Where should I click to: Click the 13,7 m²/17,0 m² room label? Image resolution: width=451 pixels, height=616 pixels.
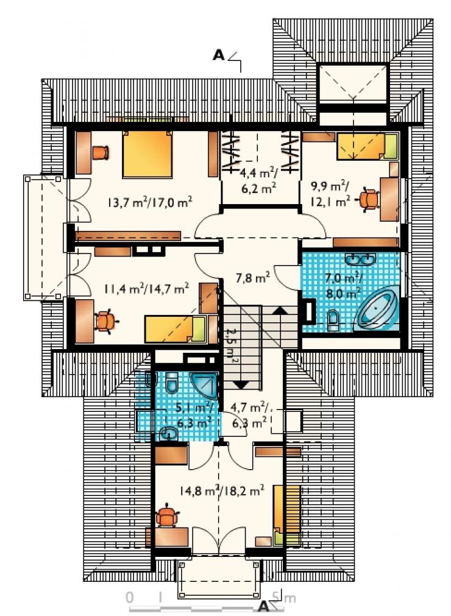point(150,202)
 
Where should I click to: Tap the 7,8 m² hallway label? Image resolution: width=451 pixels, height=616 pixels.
point(252,278)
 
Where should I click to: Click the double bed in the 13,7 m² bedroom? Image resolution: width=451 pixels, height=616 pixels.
point(147,154)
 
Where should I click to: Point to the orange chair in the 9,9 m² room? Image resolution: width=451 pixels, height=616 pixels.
point(369,200)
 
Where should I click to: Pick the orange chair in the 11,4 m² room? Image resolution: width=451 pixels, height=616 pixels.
point(105,320)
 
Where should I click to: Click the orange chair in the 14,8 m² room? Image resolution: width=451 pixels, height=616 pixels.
point(167,516)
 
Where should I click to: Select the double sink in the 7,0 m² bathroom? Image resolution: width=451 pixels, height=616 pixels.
point(360,258)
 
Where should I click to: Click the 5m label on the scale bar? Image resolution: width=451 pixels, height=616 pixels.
point(283,598)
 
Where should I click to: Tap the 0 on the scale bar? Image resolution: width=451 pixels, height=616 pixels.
point(130,598)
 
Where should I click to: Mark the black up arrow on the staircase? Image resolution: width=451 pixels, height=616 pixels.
point(280,310)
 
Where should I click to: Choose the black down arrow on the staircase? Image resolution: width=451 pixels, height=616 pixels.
point(240,384)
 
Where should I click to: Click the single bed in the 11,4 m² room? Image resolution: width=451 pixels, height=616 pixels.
point(175,329)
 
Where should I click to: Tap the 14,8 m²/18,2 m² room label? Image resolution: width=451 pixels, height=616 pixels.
point(221,490)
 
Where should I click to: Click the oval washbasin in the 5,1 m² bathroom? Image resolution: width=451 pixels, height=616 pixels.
point(169,433)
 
